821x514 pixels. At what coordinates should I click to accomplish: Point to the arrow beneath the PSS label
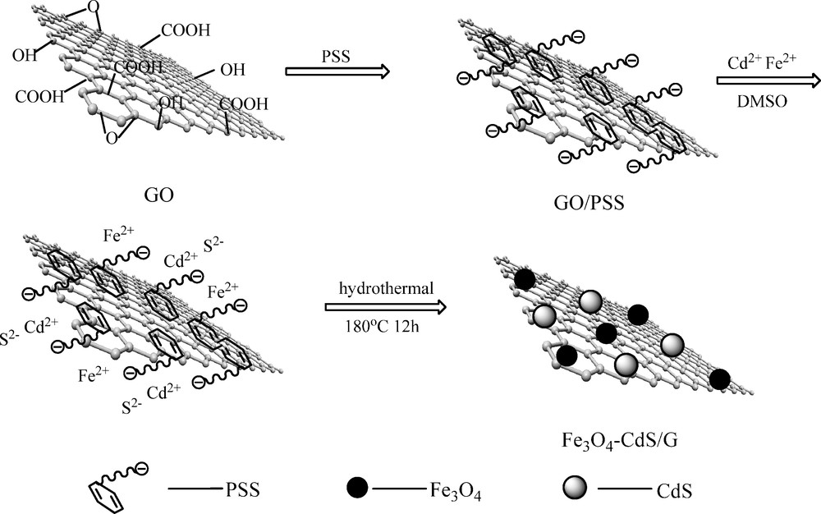tap(337, 72)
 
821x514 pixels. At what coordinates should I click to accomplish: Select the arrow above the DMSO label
tap(768, 80)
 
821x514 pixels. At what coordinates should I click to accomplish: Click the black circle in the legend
tap(358, 489)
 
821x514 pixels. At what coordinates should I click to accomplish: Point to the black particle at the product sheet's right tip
tap(720, 379)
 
